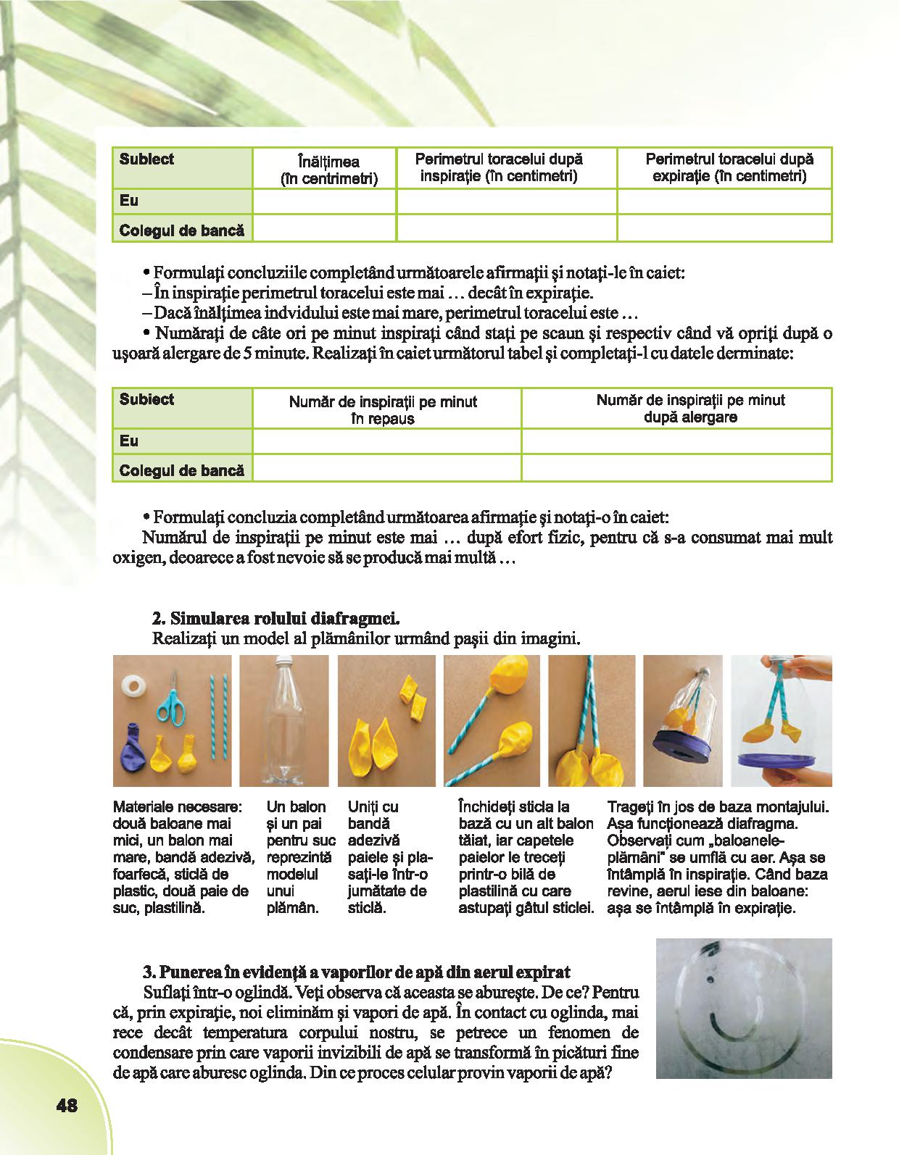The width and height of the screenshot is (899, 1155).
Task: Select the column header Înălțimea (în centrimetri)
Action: pyautogui.click(x=329, y=170)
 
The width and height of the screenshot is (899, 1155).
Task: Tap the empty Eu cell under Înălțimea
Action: pyautogui.click(x=324, y=201)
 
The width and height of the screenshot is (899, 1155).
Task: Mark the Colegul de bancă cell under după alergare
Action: pyautogui.click(x=676, y=470)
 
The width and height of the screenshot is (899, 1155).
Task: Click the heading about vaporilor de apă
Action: pyautogui.click(x=355, y=972)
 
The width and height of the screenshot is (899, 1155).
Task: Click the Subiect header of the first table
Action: pyautogui.click(x=146, y=159)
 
